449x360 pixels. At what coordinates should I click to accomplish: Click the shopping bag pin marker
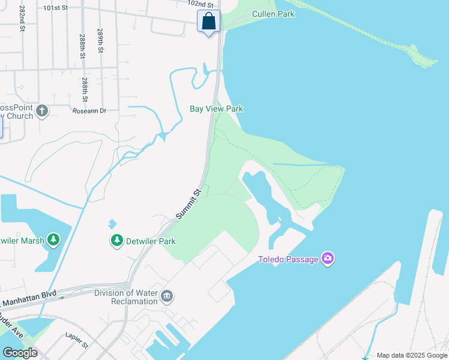(x=208, y=22)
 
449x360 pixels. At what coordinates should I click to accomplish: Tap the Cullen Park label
(x=273, y=14)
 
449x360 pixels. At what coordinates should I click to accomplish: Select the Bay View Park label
(x=216, y=109)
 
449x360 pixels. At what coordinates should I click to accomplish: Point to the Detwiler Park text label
(x=151, y=242)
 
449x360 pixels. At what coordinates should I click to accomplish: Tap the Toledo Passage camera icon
(x=328, y=259)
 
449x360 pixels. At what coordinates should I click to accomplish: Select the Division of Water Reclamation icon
(x=167, y=295)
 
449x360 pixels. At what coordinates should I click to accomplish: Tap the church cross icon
(x=41, y=111)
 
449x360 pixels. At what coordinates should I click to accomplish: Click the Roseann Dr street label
(x=89, y=111)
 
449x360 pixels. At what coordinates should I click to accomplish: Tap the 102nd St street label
(x=200, y=3)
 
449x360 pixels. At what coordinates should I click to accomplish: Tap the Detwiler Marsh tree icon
(x=54, y=241)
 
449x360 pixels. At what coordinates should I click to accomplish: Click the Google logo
(x=20, y=352)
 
